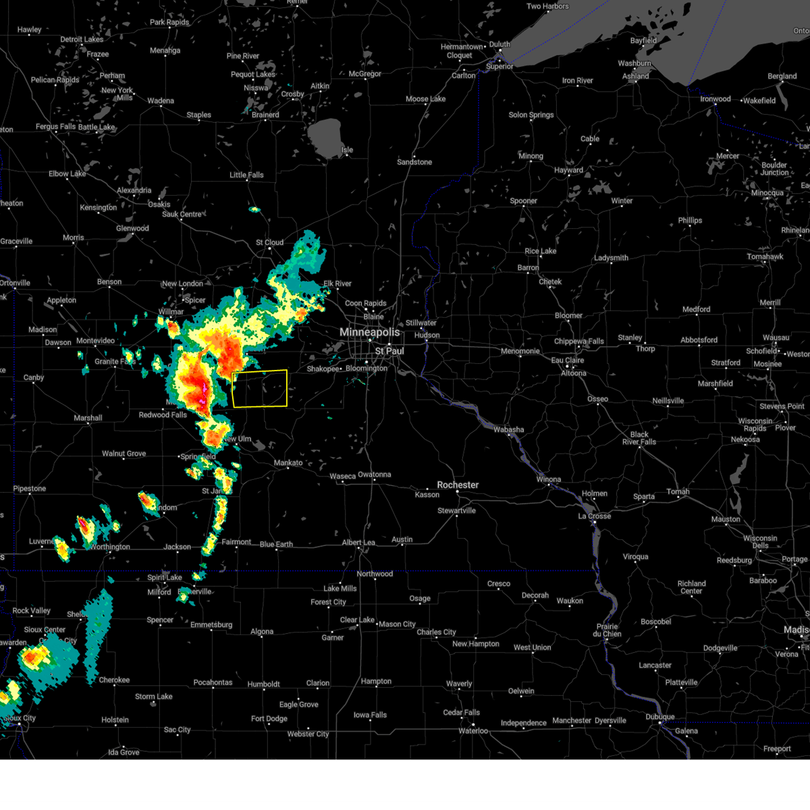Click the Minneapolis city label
tap(369, 332)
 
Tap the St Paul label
tap(389, 351)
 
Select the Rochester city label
tap(458, 485)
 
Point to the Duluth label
tap(500, 45)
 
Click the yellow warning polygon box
tap(259, 388)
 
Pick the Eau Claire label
tap(567, 360)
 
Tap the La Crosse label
tap(594, 516)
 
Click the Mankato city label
tap(288, 463)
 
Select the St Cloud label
tap(269, 242)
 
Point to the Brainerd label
tap(265, 115)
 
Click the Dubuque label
tap(659, 717)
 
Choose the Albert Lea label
tap(358, 543)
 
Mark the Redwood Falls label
tap(163, 414)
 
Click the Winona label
tap(548, 479)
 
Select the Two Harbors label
tap(547, 6)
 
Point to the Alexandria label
tap(134, 190)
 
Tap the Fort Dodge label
tap(269, 719)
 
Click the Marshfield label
tap(715, 383)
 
